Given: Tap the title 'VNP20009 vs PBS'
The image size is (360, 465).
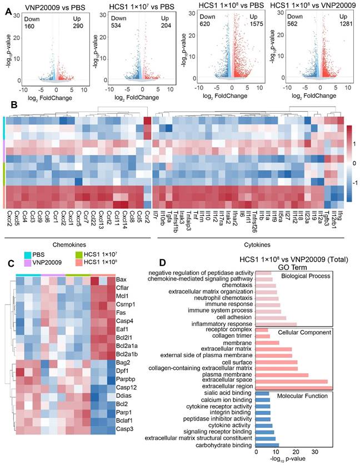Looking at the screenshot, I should [49, 7].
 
